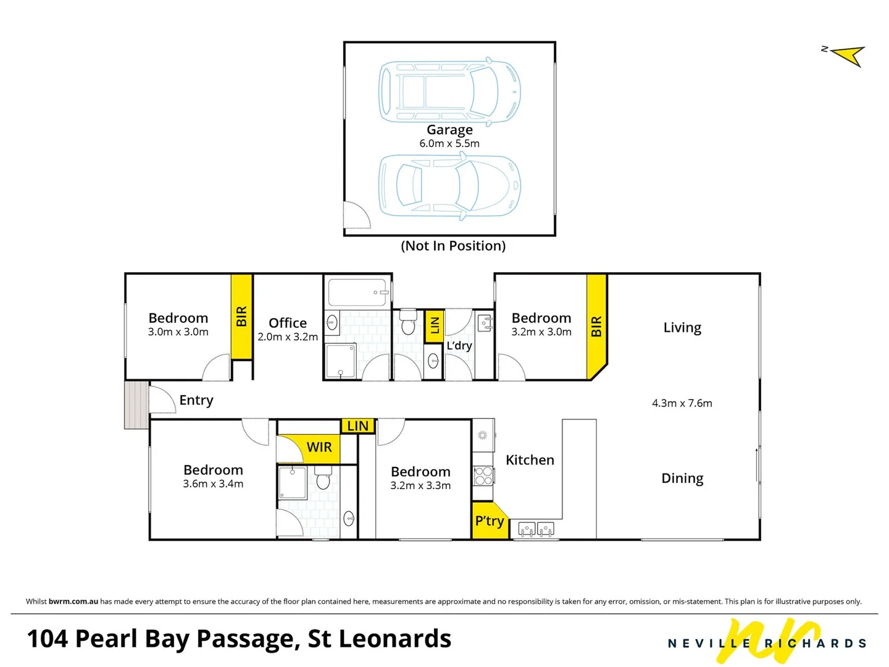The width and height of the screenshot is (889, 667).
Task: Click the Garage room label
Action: point(449,130)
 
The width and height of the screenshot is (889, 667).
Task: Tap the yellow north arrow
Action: point(849,56)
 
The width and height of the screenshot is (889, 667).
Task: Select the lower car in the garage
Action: point(449,185)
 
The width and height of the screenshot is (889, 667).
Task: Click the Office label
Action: point(288,323)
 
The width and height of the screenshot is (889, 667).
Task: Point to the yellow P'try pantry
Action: point(489,521)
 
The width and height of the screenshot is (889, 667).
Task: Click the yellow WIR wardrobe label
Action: point(319,447)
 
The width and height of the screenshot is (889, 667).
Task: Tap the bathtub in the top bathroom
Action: point(358,293)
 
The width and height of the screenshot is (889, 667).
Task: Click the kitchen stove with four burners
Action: point(483,476)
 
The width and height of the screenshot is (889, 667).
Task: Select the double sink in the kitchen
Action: point(536,529)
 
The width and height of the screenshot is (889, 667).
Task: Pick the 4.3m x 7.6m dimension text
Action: point(682,403)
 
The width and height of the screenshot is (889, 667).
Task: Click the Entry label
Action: point(196,400)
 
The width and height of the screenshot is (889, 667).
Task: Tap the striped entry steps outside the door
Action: point(136,405)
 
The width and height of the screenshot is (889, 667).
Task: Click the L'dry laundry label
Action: point(459,345)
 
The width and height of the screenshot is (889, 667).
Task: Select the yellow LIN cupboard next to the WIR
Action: point(357,426)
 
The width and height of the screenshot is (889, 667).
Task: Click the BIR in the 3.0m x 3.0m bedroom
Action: point(241,317)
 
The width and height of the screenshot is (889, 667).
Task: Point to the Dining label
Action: point(682,478)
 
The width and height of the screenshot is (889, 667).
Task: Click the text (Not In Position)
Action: point(453,246)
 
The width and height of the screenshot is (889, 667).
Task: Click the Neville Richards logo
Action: point(767,642)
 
